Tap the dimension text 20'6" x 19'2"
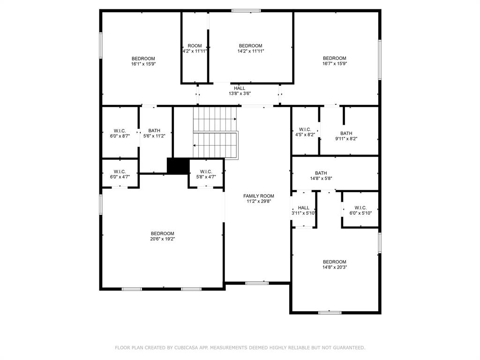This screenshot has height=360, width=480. pos(163,239)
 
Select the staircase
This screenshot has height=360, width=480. pos(215,132)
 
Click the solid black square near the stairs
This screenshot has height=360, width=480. pos(178,166)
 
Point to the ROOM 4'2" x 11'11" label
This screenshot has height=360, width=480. pos(195,48)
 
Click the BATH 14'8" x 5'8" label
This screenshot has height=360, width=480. pos(321,175)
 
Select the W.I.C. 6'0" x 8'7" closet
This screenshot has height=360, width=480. pos(120,133)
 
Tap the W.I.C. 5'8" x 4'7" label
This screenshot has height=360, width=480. pos(206,174)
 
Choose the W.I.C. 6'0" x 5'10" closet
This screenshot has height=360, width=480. pos(360,210)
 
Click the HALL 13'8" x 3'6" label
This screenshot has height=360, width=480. pos(240,91)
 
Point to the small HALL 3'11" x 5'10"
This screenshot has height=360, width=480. pos(303,210)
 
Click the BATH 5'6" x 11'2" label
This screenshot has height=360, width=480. pos(154,133)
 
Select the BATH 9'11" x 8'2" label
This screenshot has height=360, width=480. pos(346,136)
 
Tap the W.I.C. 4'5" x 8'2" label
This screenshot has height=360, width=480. pos(305,132)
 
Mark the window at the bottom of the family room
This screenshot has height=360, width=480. pos(257,283)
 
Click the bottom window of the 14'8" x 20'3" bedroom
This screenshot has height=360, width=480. pos(330,312)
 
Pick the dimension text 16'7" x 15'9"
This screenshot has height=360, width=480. pos(334,64)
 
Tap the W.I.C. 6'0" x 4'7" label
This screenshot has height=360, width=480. pos(120,174)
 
